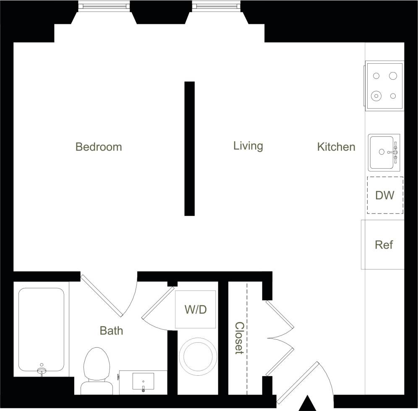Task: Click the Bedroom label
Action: pyautogui.click(x=99, y=147)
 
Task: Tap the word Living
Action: pyautogui.click(x=248, y=146)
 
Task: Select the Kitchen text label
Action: pyautogui.click(x=336, y=147)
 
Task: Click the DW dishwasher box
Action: pyautogui.click(x=385, y=195)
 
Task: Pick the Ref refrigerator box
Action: pyautogui.click(x=383, y=245)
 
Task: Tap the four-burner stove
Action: pyautogui.click(x=384, y=86)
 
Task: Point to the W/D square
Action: pyautogui.click(x=196, y=310)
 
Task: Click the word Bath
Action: pyautogui.click(x=112, y=330)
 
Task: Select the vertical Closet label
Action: pyautogui.click(x=239, y=338)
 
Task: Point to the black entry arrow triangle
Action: pyautogui.click(x=309, y=403)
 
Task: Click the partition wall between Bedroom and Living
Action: pyautogui.click(x=190, y=148)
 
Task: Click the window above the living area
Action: pyautogui.click(x=217, y=6)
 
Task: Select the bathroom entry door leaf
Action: pyautogui.click(x=102, y=295)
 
